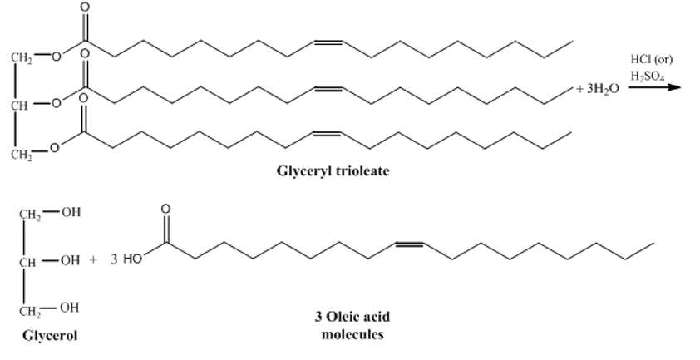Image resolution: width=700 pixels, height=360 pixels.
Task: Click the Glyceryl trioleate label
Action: (333, 171)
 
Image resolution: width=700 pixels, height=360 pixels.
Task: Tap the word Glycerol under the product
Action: (50, 335)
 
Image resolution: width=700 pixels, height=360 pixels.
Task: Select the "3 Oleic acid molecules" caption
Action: (352, 326)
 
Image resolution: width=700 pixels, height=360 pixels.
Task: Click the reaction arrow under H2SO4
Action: (654, 86)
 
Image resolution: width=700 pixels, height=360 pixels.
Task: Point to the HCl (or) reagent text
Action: (651, 59)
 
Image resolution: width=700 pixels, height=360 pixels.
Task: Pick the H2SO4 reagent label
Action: (648, 76)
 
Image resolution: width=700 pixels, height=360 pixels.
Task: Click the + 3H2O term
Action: (597, 89)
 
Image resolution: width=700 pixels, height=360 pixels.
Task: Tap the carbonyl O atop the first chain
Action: (84, 7)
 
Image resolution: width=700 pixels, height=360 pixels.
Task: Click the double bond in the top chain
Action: (328, 42)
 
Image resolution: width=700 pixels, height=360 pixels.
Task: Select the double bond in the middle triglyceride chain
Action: (328, 89)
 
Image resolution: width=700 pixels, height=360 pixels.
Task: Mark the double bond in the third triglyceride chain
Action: (328, 134)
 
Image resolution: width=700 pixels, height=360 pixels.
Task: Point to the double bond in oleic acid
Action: (409, 244)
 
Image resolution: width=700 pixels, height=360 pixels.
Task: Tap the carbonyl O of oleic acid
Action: (165, 209)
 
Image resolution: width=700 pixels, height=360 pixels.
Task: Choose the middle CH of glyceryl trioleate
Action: (19, 106)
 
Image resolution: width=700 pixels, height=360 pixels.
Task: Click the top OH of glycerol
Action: (71, 211)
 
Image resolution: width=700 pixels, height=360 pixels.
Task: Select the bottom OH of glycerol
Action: (70, 308)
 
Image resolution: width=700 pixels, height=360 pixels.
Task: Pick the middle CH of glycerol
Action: (27, 262)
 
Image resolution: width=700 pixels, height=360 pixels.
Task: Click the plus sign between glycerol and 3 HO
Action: (93, 259)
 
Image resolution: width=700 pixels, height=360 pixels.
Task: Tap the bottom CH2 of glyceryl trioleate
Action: (22, 155)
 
